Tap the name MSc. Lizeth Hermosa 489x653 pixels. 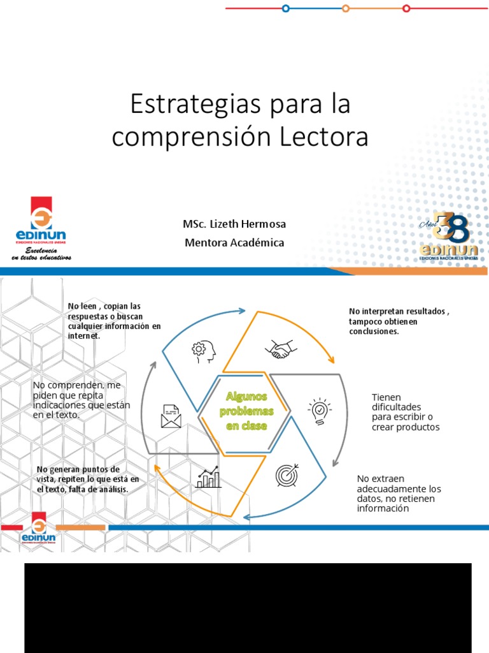pyautogui.click(x=234, y=224)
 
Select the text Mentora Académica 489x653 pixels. pyautogui.click(x=234, y=242)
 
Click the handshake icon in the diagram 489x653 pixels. pyautogui.click(x=281, y=349)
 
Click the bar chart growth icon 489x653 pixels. pyautogui.click(x=208, y=476)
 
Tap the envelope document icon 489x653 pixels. pyautogui.click(x=171, y=416)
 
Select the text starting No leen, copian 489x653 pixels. pyautogui.click(x=114, y=321)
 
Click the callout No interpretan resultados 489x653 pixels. pyautogui.click(x=399, y=321)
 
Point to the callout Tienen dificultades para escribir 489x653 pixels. pyautogui.click(x=405, y=412)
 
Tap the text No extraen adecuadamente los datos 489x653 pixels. pyautogui.click(x=399, y=494)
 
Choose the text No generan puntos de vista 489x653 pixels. pyautogui.click(x=88, y=479)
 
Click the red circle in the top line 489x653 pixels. pyautogui.click(x=406, y=8)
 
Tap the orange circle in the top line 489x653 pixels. pyautogui.click(x=346, y=8)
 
